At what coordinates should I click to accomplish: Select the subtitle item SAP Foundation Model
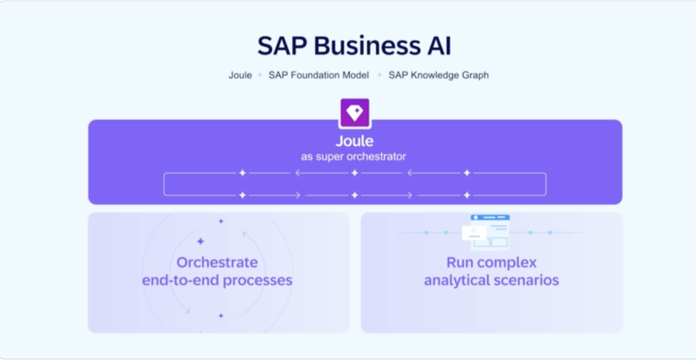(x=319, y=75)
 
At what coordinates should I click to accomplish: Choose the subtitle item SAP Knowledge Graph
(x=439, y=75)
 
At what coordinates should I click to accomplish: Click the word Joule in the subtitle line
(x=240, y=75)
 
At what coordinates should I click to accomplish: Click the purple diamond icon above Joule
(x=355, y=113)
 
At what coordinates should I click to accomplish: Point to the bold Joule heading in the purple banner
(x=355, y=141)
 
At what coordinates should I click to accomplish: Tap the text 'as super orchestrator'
(x=354, y=156)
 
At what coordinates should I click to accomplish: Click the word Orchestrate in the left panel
(x=217, y=263)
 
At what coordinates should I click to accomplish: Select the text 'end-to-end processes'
(x=217, y=280)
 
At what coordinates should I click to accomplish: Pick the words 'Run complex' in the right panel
(x=491, y=263)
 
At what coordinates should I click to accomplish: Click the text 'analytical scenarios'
(x=491, y=280)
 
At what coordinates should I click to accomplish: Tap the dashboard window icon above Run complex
(x=486, y=232)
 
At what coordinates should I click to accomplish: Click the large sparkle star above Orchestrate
(x=201, y=241)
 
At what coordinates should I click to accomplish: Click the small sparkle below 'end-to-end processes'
(x=221, y=316)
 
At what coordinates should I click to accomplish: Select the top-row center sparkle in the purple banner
(x=355, y=173)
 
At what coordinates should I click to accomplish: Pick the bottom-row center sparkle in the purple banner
(x=355, y=195)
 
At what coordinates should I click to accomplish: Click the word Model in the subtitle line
(x=355, y=75)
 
